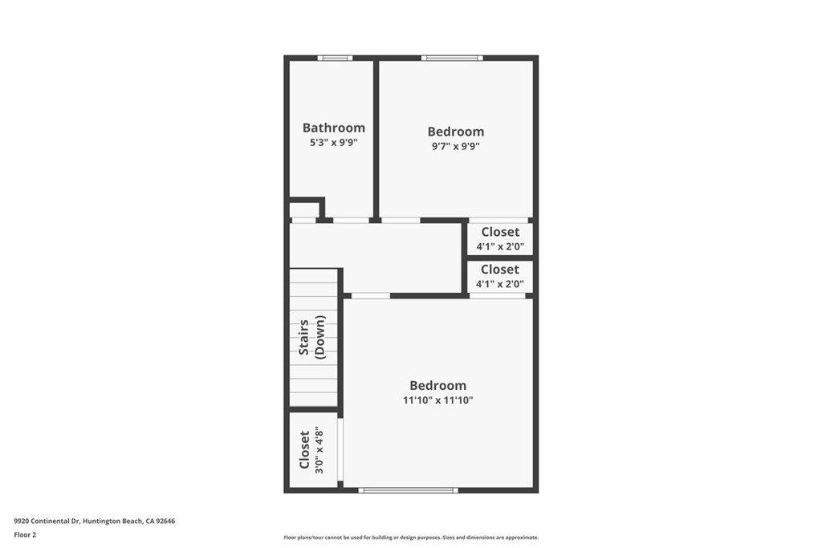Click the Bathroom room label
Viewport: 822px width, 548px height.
click(x=333, y=128)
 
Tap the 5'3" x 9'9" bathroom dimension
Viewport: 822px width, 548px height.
click(x=333, y=142)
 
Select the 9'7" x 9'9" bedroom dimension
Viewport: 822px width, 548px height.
click(x=455, y=146)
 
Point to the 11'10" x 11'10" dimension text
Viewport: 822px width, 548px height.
click(x=437, y=400)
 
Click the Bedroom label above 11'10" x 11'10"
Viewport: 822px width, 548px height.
click(x=437, y=385)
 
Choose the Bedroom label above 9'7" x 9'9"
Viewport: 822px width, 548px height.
click(x=455, y=132)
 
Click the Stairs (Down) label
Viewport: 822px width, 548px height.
click(x=312, y=337)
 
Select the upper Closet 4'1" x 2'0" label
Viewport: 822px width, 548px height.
click(x=500, y=238)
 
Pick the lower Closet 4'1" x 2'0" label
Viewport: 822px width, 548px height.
click(x=500, y=276)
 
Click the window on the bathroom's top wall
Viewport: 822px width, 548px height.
click(x=335, y=58)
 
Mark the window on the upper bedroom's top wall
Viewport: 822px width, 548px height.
click(x=452, y=58)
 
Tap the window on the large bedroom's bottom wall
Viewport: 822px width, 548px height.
click(x=408, y=489)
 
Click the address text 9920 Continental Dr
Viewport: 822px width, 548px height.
click(x=94, y=521)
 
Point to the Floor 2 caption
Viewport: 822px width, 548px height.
click(x=25, y=534)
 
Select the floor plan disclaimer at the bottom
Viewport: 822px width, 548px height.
click(x=410, y=538)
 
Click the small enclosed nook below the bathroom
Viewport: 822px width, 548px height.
click(x=303, y=209)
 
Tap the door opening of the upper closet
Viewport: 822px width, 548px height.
click(x=498, y=220)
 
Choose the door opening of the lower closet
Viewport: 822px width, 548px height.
click(x=498, y=295)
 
